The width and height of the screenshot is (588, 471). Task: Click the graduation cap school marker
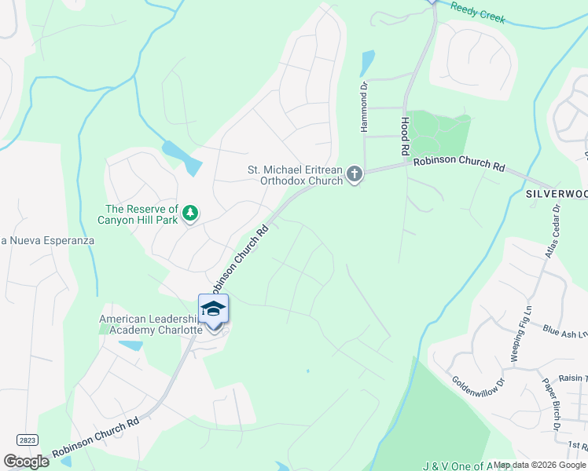213,309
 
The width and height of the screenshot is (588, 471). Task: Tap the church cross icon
355,173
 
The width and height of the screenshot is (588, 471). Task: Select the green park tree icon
189,213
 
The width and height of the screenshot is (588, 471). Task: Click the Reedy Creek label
478,13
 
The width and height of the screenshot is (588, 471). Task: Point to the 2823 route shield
26,440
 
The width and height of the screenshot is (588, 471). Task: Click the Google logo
26,461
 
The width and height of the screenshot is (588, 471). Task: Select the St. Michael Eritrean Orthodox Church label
296,174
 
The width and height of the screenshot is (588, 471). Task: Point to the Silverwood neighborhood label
556,193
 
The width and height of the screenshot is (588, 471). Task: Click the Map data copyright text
539,465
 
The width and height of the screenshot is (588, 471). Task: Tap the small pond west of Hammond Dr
367,62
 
